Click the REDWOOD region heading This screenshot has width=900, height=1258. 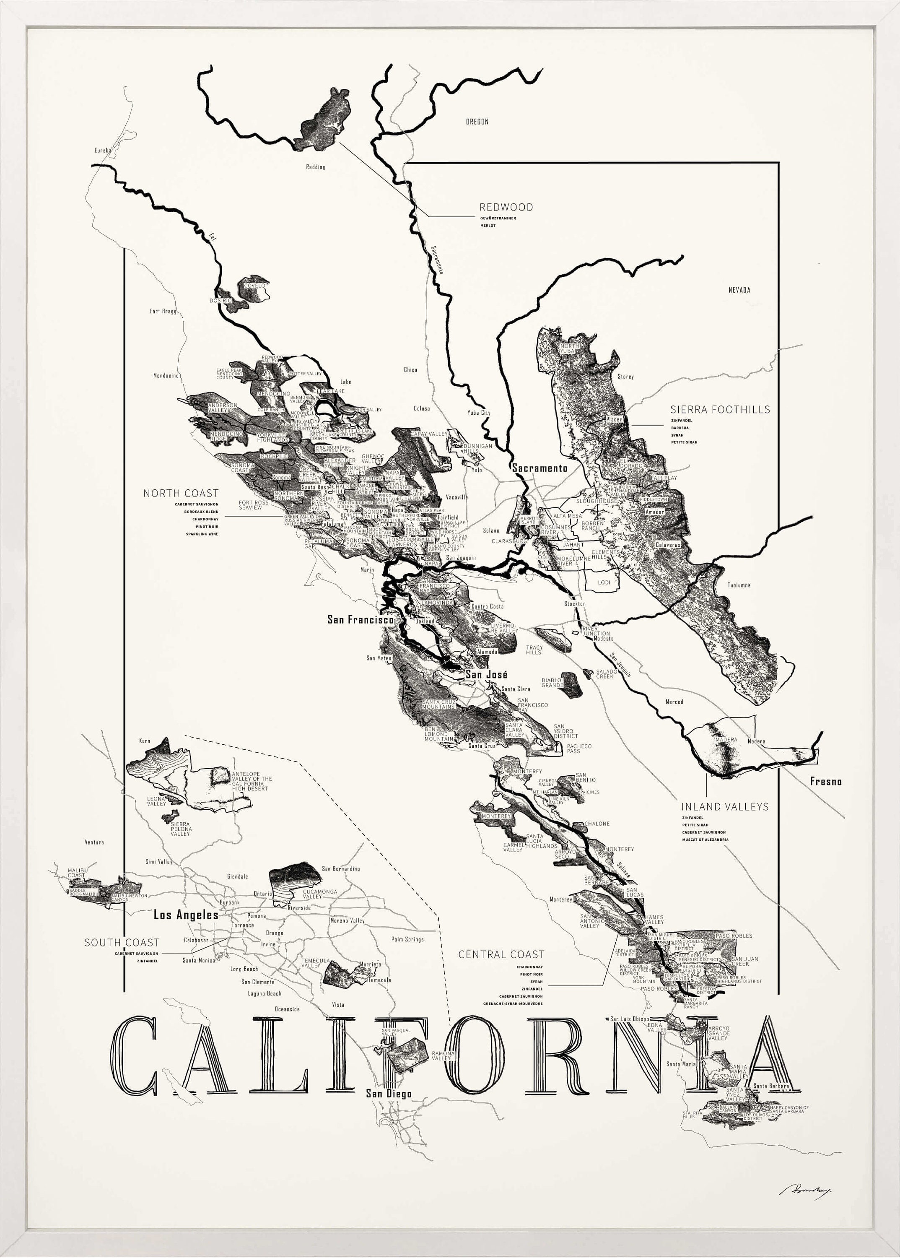[x=506, y=207]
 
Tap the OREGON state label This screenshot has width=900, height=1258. [x=477, y=122]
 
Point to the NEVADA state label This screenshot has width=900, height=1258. [x=739, y=290]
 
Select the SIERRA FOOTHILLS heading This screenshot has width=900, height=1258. [x=720, y=410]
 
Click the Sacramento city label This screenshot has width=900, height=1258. [x=540, y=468]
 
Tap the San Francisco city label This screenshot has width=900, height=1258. [x=360, y=620]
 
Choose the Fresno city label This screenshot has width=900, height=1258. [x=826, y=782]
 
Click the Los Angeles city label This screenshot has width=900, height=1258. [x=186, y=915]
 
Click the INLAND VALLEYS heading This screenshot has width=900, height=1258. [x=725, y=807]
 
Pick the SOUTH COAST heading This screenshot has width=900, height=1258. [x=122, y=943]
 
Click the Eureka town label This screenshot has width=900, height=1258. [x=103, y=150]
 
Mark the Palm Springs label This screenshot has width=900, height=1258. [x=407, y=939]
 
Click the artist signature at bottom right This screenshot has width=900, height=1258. [x=807, y=1189]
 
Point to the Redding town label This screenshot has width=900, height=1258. [x=315, y=167]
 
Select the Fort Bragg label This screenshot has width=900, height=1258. [x=163, y=312]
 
